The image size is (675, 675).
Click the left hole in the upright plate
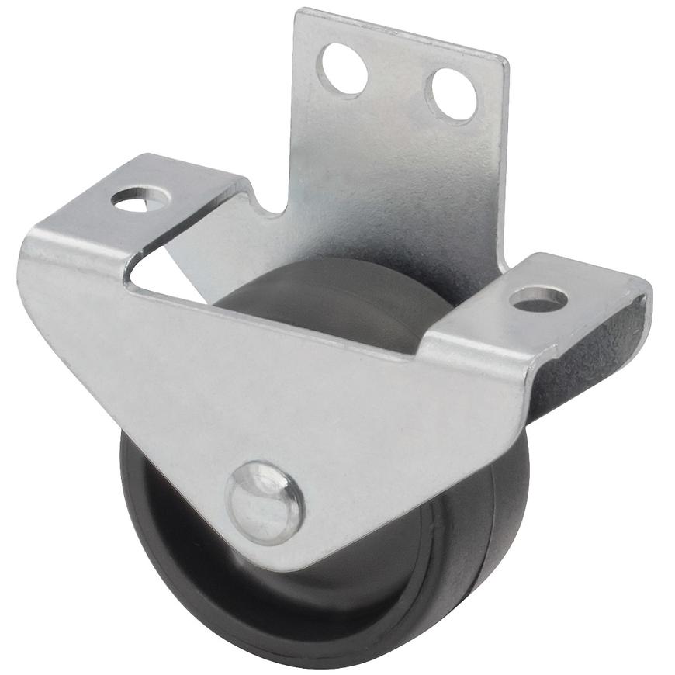click(x=344, y=69)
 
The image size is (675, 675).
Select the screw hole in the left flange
click(x=140, y=199)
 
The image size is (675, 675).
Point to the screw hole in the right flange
click(x=538, y=298)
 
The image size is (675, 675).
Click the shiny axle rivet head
click(x=265, y=502)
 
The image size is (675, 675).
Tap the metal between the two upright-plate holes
click(x=398, y=81)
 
